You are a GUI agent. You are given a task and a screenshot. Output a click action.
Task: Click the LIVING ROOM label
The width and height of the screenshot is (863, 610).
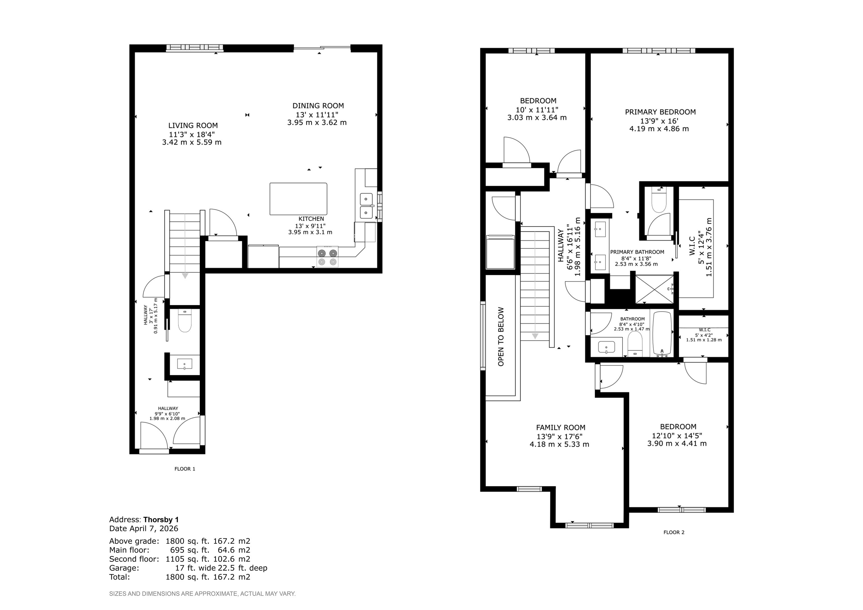tap(193, 126)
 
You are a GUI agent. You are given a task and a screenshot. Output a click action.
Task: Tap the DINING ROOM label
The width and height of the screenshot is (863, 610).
tap(318, 106)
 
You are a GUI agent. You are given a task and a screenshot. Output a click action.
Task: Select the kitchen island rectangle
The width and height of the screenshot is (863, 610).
tap(298, 199)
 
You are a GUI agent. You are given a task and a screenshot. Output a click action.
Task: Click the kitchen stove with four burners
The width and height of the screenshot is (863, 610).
tap(327, 257)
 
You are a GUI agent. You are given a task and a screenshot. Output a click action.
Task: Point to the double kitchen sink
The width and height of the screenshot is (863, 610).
tap(366, 206)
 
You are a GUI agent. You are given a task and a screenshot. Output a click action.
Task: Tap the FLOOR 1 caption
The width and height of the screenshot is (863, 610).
tap(185, 469)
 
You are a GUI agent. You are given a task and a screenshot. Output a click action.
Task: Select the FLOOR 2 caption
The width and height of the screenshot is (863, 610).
tap(674, 532)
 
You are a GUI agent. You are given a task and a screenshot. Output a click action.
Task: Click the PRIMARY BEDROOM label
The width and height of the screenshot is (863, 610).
tap(660, 112)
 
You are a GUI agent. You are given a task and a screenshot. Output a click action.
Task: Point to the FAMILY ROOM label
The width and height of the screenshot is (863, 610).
tap(560, 427)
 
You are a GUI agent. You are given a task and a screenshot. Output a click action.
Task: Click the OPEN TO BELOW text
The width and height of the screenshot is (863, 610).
tap(501, 337)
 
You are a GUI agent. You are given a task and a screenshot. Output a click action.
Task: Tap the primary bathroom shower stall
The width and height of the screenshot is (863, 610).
tap(654, 289)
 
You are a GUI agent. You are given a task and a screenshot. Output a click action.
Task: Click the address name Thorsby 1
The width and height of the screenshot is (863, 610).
tap(161, 520)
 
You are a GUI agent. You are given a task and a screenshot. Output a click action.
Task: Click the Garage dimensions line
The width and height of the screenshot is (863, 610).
tap(188, 568)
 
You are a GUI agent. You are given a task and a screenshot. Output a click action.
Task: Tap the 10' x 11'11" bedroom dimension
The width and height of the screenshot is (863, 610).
tap(537, 110)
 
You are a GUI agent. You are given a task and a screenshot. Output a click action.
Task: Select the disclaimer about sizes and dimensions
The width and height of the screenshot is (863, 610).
tap(202, 594)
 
